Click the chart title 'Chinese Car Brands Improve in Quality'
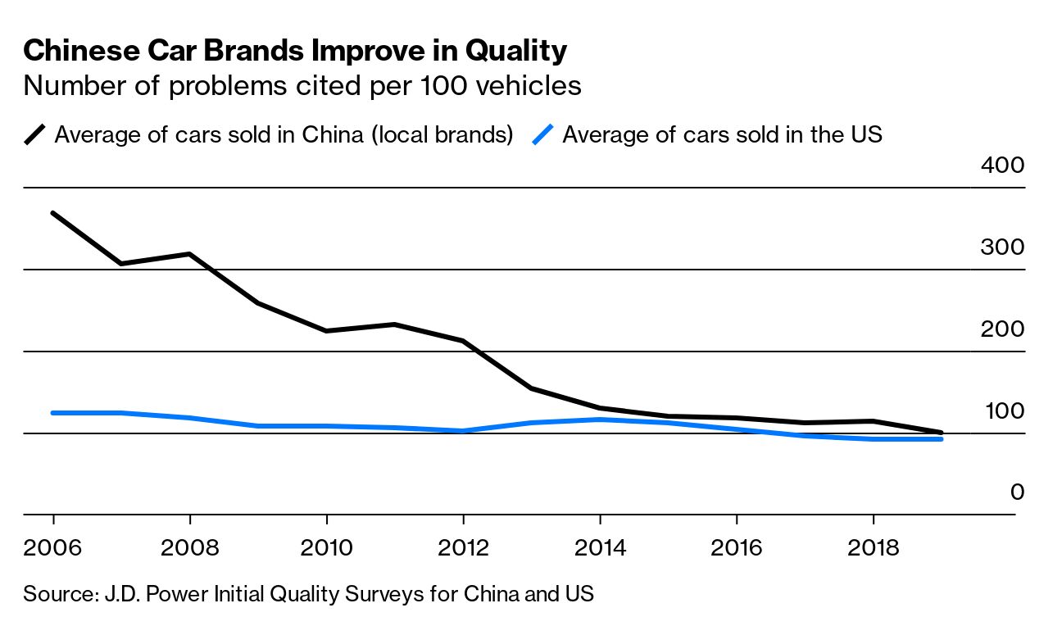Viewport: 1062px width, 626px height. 295,52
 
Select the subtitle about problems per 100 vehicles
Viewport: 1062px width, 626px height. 302,85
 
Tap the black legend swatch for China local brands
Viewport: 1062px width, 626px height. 36,134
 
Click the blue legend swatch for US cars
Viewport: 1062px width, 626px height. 544,134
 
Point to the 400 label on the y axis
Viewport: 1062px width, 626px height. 1002,166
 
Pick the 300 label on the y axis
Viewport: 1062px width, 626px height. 1002,247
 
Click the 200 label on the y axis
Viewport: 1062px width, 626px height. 1002,329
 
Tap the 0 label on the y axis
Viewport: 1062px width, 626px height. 1017,492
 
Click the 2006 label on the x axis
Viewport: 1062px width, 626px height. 53,547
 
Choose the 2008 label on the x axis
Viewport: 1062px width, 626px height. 190,547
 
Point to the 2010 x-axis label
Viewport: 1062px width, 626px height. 327,547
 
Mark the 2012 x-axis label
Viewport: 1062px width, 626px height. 464,547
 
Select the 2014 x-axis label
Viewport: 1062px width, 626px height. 601,547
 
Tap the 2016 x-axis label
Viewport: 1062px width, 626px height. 737,547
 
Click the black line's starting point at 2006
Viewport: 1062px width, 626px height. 53,213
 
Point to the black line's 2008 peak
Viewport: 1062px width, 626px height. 190,254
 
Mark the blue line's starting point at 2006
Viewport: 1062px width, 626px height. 53,413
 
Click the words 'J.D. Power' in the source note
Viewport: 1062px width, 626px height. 146,593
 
